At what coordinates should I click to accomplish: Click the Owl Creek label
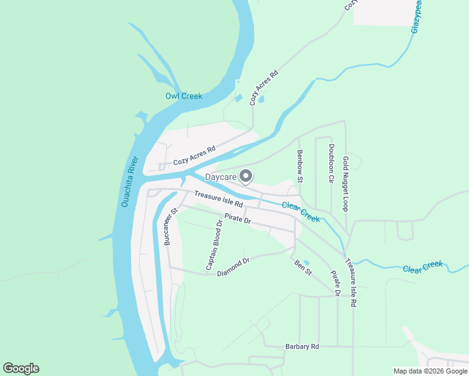[x=184, y=96]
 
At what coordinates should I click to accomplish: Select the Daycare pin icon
[x=246, y=177]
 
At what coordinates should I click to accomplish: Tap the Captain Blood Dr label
[x=214, y=245]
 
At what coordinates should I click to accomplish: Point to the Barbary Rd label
[x=302, y=346]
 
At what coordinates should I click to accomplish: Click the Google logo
[x=21, y=368]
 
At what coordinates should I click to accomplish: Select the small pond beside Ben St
[x=306, y=263]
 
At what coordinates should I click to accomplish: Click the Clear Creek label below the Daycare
[x=301, y=212]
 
